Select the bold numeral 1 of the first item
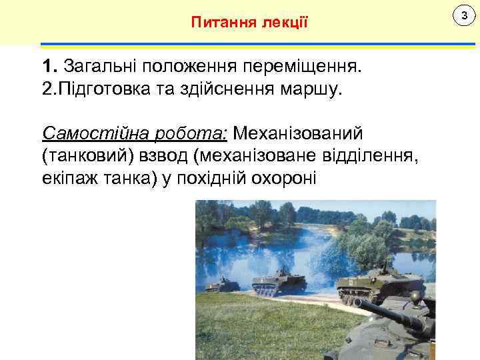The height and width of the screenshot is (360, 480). click(46, 67)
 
